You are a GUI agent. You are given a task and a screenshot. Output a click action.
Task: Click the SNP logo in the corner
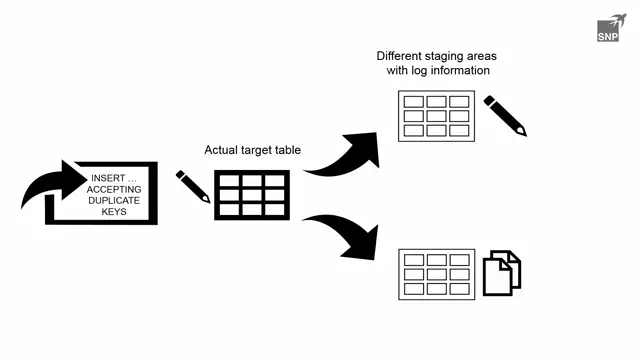(x=611, y=28)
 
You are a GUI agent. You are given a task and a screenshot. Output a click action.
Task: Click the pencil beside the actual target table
(x=193, y=186)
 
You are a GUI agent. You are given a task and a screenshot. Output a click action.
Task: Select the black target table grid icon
(x=252, y=195)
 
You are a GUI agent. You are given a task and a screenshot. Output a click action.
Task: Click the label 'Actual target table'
(x=252, y=150)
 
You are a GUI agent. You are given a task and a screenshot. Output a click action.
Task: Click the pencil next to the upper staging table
(x=505, y=115)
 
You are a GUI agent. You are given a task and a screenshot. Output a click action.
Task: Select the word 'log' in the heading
(x=423, y=71)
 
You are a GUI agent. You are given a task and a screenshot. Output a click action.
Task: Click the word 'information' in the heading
(x=463, y=71)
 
